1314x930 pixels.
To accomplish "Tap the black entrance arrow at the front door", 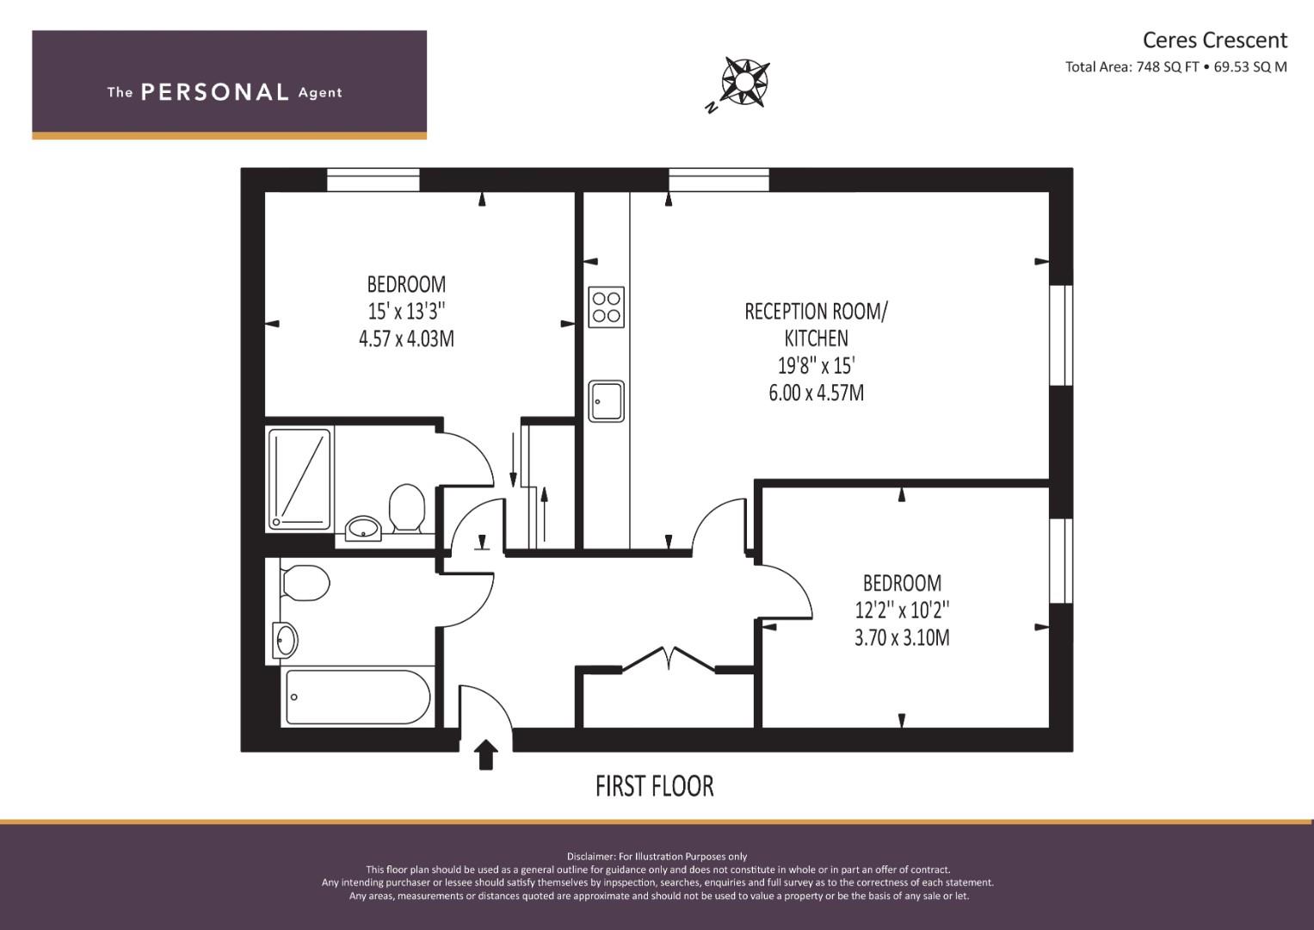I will (x=486, y=754).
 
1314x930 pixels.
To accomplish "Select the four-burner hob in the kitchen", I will (x=606, y=307).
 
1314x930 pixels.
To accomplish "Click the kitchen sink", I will (x=606, y=400).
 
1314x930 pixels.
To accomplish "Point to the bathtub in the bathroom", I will (x=357, y=697).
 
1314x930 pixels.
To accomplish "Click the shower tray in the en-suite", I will (x=299, y=479).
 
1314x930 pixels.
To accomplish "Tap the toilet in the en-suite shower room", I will (x=406, y=508).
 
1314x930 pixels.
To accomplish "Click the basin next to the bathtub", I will (x=286, y=640).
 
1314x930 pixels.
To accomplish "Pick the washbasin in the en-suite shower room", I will (x=365, y=527).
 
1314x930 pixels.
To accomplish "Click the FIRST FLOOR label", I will (x=654, y=786).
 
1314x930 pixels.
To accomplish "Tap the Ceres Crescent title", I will (x=1214, y=40).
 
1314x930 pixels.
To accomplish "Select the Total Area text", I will (x=1175, y=67).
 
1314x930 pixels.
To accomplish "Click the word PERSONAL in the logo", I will (x=214, y=92).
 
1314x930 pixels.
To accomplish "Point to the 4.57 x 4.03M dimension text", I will (x=406, y=338).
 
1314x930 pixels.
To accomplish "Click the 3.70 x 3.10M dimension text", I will (x=902, y=638).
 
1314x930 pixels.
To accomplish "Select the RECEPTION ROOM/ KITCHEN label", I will (x=815, y=325).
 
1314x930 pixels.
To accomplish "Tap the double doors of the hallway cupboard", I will (x=669, y=658).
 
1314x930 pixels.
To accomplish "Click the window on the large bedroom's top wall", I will (x=373, y=180).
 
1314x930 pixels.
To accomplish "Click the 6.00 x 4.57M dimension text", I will (x=816, y=393).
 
